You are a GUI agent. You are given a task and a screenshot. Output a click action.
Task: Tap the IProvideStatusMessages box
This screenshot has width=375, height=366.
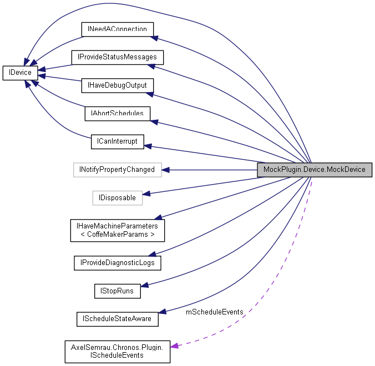(x=117, y=57)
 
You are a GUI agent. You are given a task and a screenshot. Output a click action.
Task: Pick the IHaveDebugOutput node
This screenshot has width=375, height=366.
(x=117, y=85)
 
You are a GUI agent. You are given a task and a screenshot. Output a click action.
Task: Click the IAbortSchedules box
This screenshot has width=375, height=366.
(x=117, y=114)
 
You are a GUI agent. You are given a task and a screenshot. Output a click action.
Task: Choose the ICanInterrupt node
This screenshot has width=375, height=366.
(x=117, y=142)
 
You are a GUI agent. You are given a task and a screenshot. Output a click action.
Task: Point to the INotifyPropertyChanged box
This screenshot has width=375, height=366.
(x=117, y=169)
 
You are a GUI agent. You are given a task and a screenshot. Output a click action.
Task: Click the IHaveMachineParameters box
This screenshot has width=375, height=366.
(x=117, y=230)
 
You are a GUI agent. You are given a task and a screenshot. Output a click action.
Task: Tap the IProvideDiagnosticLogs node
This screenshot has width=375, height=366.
(x=117, y=263)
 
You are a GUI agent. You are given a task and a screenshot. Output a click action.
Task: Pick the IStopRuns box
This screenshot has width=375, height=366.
(x=117, y=290)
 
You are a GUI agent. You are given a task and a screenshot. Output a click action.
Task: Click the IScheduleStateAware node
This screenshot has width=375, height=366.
(x=117, y=319)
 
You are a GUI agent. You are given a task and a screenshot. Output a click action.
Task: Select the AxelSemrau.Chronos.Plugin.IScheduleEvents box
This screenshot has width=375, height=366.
(x=117, y=351)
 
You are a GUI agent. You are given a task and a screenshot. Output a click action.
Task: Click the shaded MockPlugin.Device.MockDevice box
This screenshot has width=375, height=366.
(x=314, y=169)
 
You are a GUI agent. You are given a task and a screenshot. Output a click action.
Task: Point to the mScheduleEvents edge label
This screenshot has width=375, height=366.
(x=214, y=312)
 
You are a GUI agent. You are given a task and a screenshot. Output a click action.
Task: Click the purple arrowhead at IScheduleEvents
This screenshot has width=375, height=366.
(x=175, y=346)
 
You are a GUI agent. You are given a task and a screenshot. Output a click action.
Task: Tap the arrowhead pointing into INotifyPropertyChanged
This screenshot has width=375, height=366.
(x=165, y=169)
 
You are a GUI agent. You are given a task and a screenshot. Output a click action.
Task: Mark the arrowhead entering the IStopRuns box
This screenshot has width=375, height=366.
(x=145, y=286)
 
